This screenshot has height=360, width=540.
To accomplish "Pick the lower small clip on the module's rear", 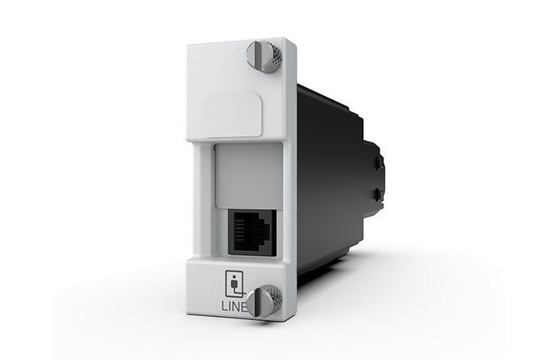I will [x=379, y=193].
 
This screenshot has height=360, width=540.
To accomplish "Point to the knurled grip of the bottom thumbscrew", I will [x=275, y=299].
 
